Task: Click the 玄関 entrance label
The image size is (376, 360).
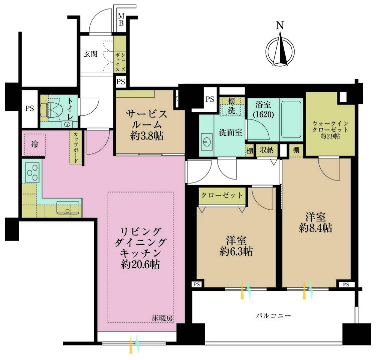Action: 91,54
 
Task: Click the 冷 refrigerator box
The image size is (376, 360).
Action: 34,144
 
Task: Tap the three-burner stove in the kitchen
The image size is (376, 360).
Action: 31,173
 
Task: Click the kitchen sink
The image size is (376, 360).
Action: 67,207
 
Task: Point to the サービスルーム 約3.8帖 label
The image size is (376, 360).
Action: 146,124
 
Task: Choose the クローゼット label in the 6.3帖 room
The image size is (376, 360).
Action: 222,195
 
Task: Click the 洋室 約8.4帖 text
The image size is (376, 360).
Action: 316,222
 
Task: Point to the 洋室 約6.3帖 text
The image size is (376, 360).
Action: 235,244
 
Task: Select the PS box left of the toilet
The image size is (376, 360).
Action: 30,108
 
